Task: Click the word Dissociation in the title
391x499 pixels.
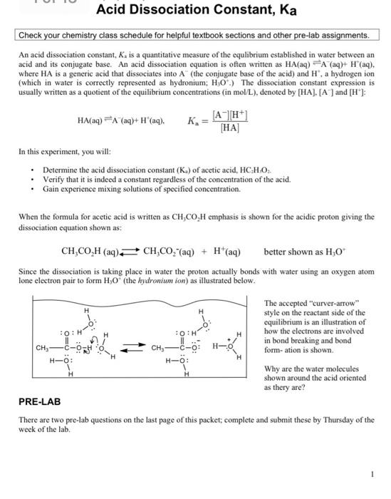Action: click(x=185, y=11)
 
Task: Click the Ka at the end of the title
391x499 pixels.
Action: click(x=283, y=11)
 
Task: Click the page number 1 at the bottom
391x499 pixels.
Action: click(x=372, y=474)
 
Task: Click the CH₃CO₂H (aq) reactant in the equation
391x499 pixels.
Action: click(x=90, y=252)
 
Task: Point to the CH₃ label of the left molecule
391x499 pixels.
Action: click(x=44, y=349)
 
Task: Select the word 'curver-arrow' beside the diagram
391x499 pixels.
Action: click(x=335, y=304)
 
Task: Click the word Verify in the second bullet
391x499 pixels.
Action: click(x=54, y=180)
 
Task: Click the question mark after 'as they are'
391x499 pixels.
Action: click(x=305, y=388)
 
